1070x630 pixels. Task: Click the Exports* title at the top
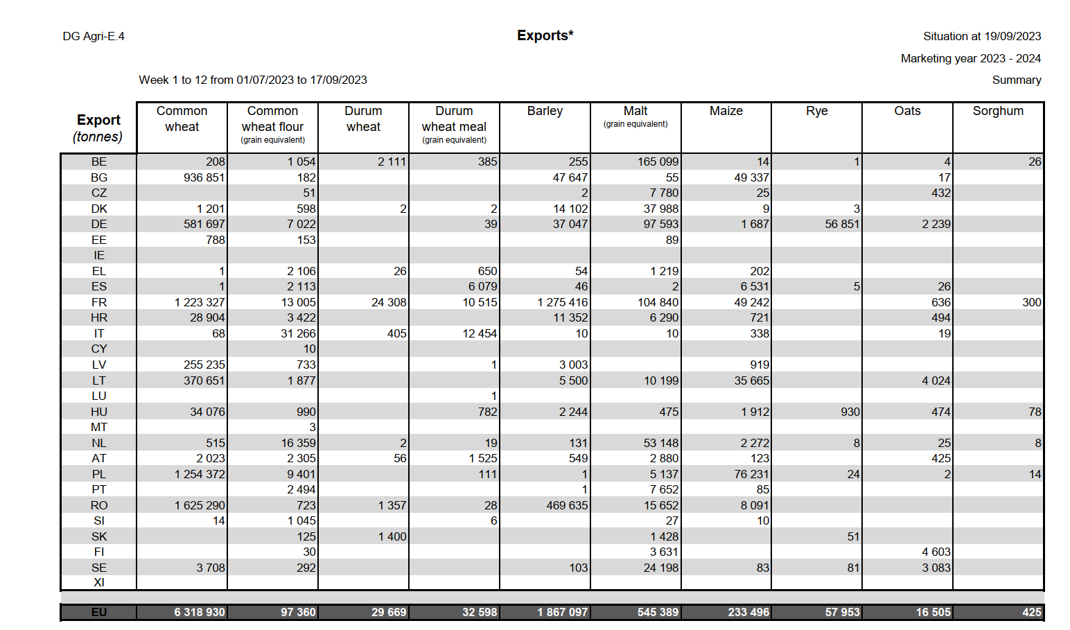click(x=545, y=35)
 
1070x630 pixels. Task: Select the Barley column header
click(x=545, y=111)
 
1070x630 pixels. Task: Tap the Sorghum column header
click(x=998, y=111)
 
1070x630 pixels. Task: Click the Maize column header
click(x=726, y=111)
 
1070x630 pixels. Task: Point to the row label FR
click(x=99, y=302)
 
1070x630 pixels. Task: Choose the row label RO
click(x=99, y=505)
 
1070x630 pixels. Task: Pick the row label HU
click(x=99, y=412)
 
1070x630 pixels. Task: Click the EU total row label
click(x=99, y=612)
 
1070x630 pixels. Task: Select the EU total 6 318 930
click(x=200, y=612)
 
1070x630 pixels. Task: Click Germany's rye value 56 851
click(x=842, y=224)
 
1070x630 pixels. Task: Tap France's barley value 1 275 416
click(x=562, y=302)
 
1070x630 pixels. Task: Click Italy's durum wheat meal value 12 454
click(x=479, y=333)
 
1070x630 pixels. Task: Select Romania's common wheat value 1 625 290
click(x=200, y=505)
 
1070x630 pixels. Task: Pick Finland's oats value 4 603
click(x=936, y=552)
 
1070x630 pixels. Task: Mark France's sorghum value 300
click(x=1031, y=302)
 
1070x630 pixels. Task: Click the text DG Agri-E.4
click(x=94, y=36)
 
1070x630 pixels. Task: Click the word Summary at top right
click(x=1016, y=80)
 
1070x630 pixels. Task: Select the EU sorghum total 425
click(x=1031, y=612)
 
